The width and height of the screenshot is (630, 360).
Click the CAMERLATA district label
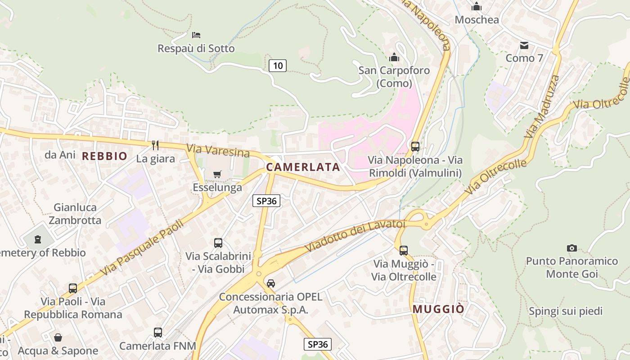click(x=303, y=167)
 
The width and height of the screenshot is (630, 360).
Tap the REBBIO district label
click(x=104, y=156)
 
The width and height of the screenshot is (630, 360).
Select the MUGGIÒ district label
click(x=438, y=309)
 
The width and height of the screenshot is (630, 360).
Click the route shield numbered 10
click(x=278, y=66)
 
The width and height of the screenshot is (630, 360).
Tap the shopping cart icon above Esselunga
click(x=217, y=174)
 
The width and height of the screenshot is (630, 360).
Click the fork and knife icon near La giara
click(x=155, y=145)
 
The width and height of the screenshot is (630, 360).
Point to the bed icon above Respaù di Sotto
click(x=196, y=35)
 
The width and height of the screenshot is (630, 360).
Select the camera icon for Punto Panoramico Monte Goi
click(x=572, y=248)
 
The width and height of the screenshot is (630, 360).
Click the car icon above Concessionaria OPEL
click(x=270, y=283)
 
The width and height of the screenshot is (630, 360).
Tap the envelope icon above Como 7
click(x=524, y=45)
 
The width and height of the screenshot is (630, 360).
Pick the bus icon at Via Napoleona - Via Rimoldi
click(x=415, y=146)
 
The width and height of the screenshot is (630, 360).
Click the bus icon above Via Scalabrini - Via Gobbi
click(x=218, y=243)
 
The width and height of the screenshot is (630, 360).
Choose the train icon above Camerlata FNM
click(x=157, y=333)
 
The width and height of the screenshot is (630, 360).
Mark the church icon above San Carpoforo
click(x=394, y=57)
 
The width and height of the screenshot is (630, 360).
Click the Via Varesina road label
click(x=218, y=151)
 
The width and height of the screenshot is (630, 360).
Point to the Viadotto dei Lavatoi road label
click(x=355, y=235)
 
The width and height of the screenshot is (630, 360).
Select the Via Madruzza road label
click(x=542, y=107)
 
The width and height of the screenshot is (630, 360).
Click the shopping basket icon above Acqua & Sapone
click(x=58, y=337)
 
